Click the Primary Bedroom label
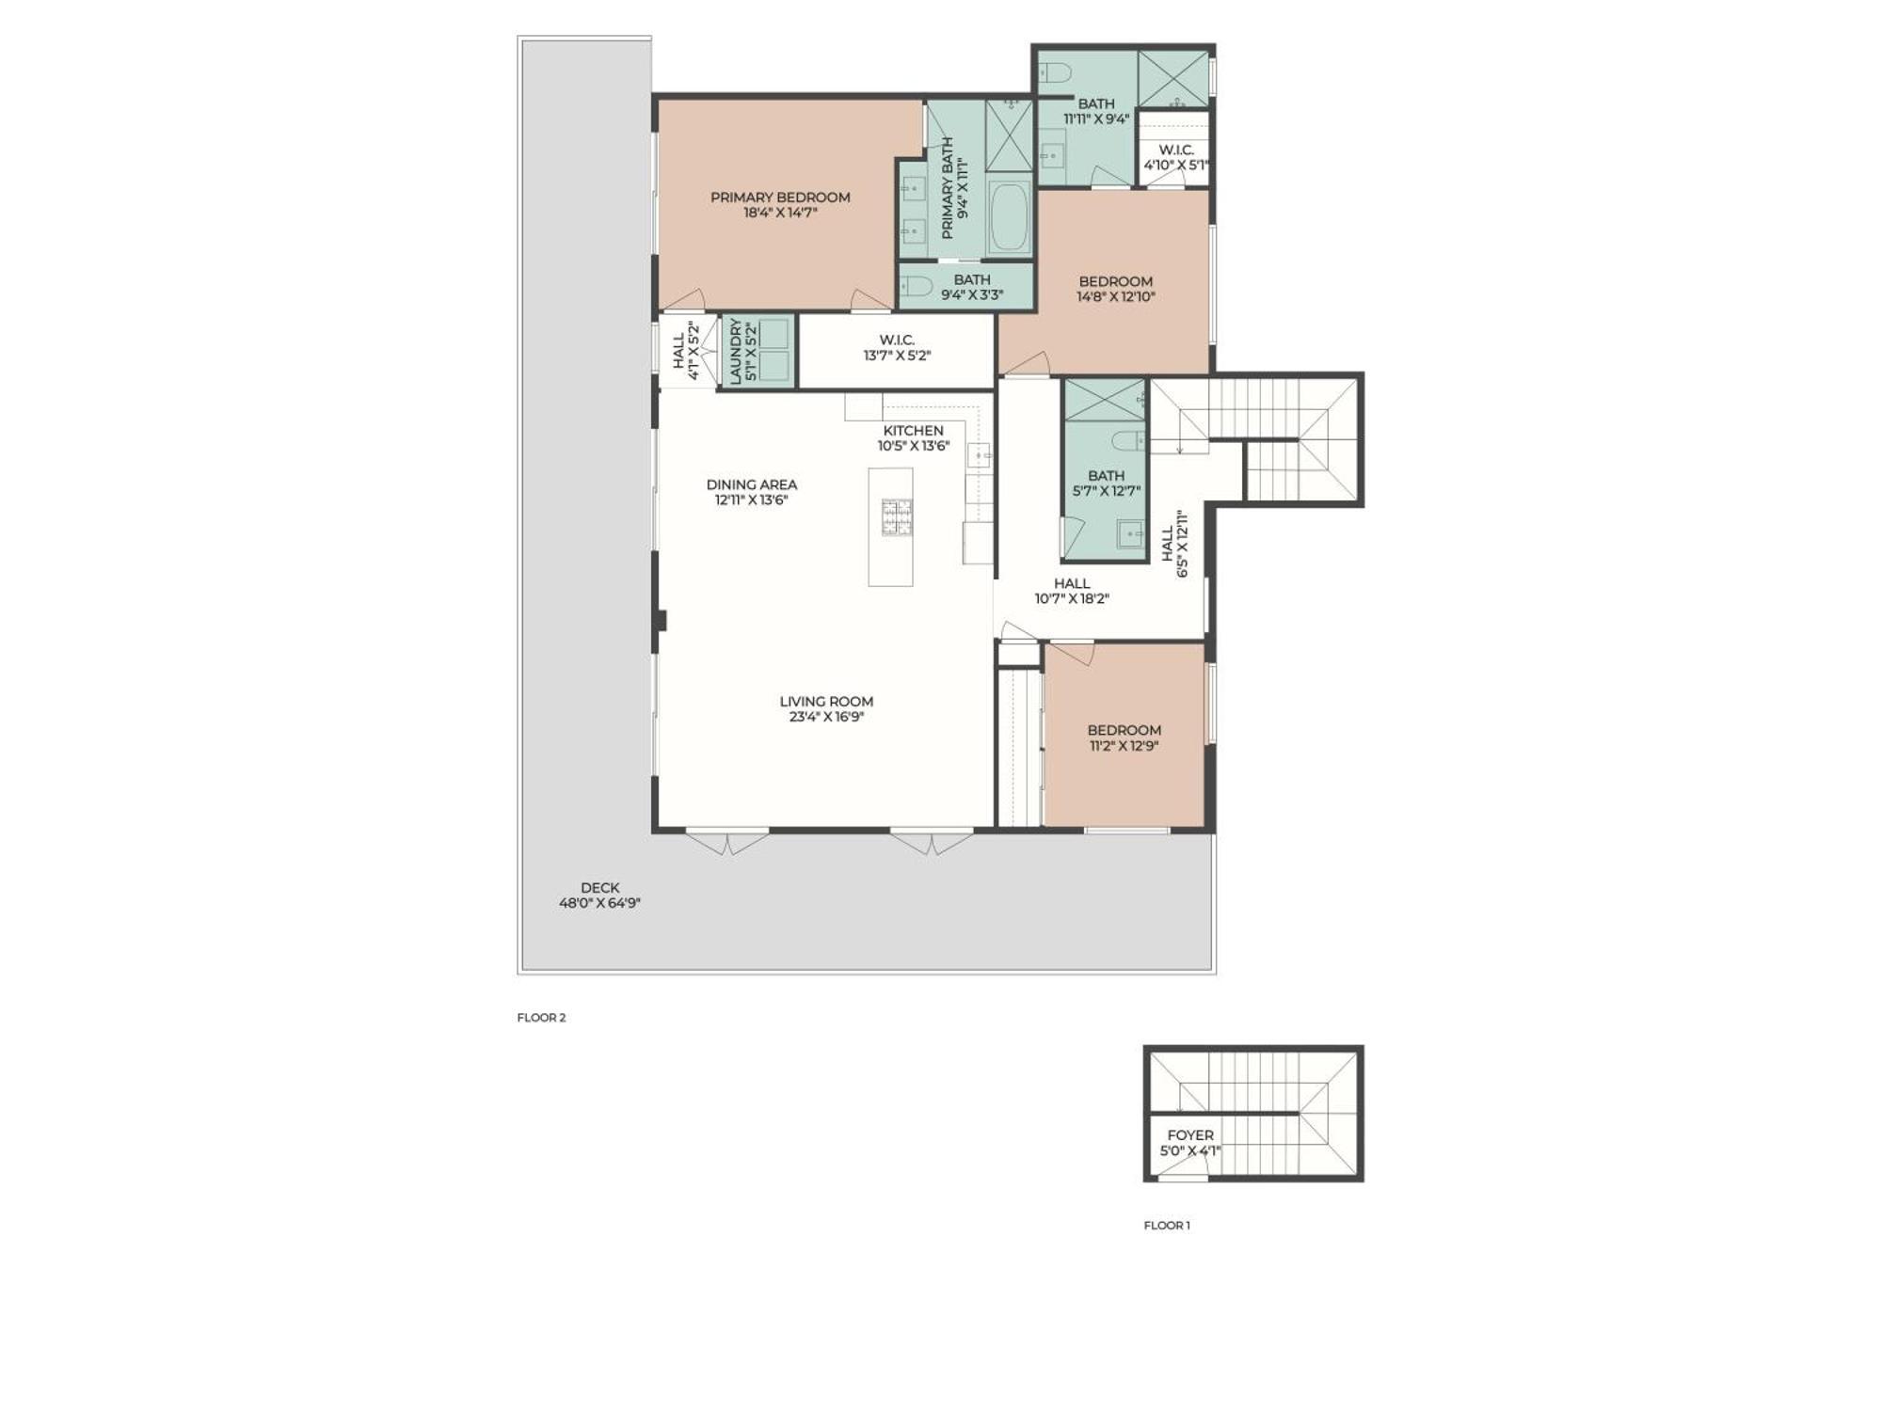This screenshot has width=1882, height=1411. [780, 204]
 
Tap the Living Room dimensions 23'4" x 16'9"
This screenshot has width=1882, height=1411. [826, 717]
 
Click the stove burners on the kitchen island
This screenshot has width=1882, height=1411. [897, 516]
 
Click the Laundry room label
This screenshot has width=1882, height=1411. [742, 351]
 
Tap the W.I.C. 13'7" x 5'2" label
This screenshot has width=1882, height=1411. [897, 347]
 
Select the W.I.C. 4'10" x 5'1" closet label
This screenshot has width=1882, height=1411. [1176, 157]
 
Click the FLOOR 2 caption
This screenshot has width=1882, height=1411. [541, 1017]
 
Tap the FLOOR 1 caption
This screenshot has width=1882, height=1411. [1167, 1225]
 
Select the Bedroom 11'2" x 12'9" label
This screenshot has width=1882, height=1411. [1124, 737]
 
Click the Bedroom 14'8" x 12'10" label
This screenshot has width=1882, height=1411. [1116, 289]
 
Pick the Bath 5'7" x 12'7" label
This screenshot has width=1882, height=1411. [1107, 483]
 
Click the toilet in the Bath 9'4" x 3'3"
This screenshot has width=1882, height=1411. [916, 287]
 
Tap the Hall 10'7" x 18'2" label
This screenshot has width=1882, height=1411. [1072, 591]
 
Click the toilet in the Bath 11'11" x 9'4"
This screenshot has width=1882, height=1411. [1055, 72]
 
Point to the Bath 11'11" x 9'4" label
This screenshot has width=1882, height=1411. [1096, 111]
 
